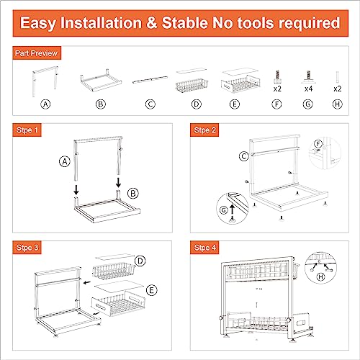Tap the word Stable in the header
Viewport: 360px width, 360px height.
pyautogui.click(x=197, y=22)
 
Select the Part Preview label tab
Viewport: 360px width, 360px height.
pyautogui.click(x=37, y=53)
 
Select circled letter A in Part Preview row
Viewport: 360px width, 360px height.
pyautogui.click(x=45, y=103)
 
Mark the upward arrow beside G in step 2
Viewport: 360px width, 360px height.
pyautogui.click(x=233, y=208)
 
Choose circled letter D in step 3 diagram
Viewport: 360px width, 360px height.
pyautogui.click(x=141, y=259)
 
